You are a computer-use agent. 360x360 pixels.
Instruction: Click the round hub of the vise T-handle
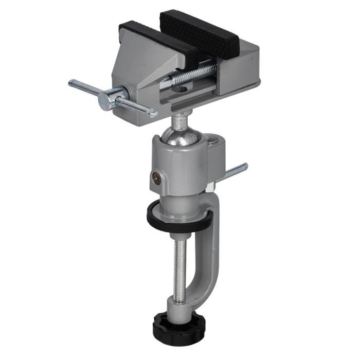[110, 98]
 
